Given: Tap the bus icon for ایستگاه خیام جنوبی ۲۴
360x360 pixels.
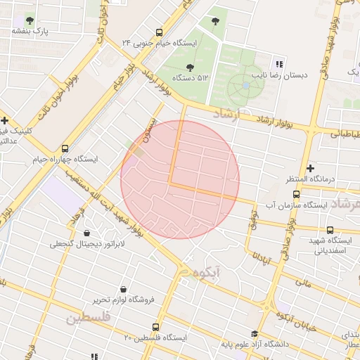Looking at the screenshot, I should (x=159, y=32).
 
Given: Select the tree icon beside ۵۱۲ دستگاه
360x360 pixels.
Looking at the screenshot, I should (x=190, y=67).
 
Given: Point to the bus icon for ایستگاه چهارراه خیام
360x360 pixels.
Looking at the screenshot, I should (x=65, y=148).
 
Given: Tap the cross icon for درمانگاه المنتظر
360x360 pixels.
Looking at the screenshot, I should (x=310, y=168).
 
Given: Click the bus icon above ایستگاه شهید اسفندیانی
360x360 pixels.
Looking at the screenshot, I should (x=330, y=230).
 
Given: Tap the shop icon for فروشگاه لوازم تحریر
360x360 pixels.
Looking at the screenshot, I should (x=124, y=289).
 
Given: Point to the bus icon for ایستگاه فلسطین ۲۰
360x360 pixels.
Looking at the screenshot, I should (x=156, y=327).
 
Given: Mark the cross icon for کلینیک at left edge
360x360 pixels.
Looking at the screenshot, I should (x=4, y=121).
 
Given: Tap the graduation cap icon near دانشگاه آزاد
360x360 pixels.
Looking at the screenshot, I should (x=255, y=335).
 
